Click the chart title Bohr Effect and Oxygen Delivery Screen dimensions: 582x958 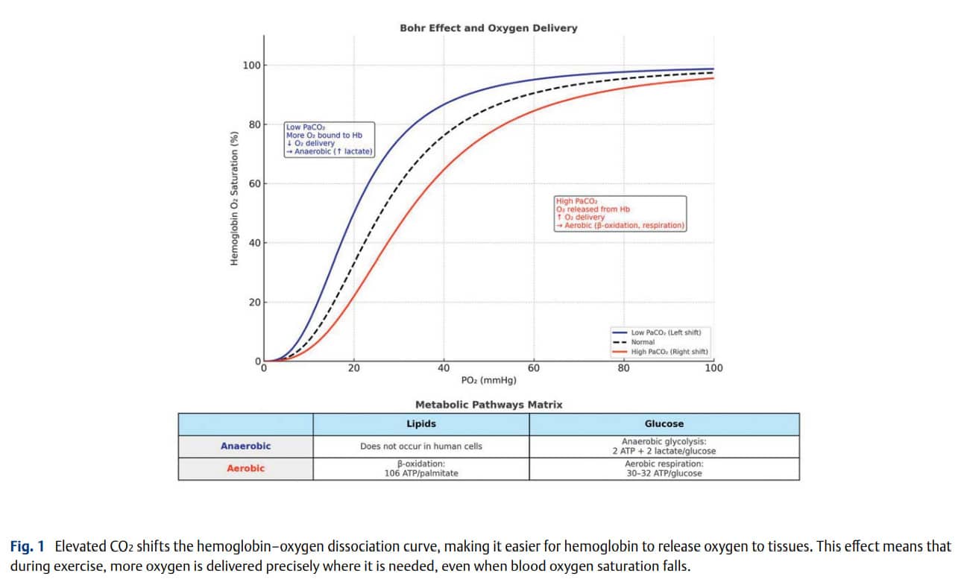(488, 28)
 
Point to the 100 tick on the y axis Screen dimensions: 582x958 (252, 66)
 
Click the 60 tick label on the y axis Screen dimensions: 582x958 (254, 184)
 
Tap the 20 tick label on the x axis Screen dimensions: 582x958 (354, 367)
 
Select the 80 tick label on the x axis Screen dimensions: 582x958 (623, 367)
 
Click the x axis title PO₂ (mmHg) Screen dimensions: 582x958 (488, 380)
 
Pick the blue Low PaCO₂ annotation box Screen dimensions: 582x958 (330, 139)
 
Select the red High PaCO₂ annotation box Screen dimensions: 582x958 (620, 213)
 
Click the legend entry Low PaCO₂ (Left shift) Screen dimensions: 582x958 (660, 332)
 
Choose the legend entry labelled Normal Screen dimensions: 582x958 (642, 342)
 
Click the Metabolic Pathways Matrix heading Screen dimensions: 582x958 (488, 405)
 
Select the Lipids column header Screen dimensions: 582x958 (420, 424)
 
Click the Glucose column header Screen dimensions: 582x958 (664, 424)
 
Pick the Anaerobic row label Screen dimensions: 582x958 (245, 446)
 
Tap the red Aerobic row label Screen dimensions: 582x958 (245, 468)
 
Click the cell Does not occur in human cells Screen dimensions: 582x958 (420, 446)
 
